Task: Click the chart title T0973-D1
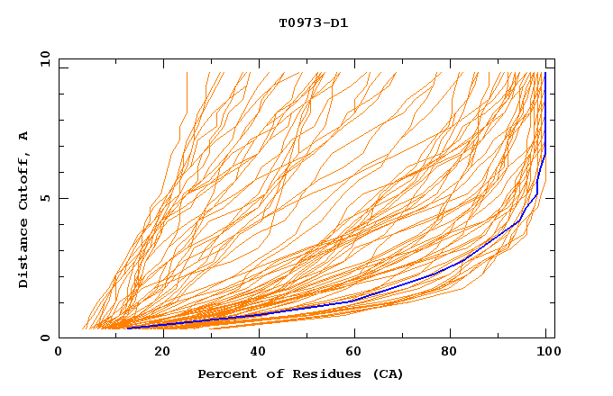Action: [313, 22]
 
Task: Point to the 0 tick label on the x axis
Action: [59, 352]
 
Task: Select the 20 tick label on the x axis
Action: [157, 352]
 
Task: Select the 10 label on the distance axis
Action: [42, 58]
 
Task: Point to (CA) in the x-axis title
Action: [386, 373]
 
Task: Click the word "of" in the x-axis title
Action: [267, 373]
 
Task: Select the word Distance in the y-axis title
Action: [24, 254]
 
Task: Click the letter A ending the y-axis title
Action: [24, 136]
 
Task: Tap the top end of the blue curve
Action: [545, 73]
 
